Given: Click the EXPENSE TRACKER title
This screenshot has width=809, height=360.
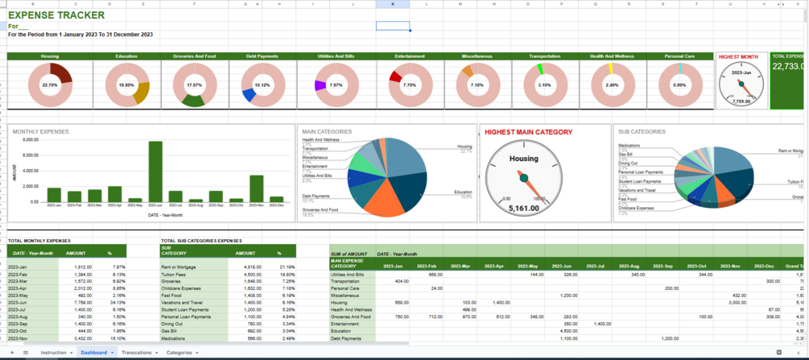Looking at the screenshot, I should pyautogui.click(x=56, y=14).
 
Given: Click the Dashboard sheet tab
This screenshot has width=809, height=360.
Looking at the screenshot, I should pyautogui.click(x=94, y=353).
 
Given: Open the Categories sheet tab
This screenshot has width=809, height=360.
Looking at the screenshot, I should pyautogui.click(x=179, y=353).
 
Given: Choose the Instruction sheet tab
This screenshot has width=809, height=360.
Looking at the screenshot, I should pyautogui.click(x=53, y=353).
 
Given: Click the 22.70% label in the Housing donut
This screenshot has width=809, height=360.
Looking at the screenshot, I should pyautogui.click(x=50, y=85).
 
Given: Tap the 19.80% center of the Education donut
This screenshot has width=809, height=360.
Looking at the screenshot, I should pyautogui.click(x=126, y=85).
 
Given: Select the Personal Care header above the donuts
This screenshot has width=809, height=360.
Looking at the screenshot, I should pyautogui.click(x=679, y=56).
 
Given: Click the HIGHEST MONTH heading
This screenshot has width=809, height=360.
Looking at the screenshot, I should pyautogui.click(x=738, y=57).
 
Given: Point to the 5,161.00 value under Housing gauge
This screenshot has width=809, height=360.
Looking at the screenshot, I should pyautogui.click(x=523, y=209).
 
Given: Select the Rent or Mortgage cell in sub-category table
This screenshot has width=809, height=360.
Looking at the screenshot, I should pyautogui.click(x=178, y=267).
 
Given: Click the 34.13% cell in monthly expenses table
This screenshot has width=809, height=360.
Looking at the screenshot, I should pyautogui.click(x=118, y=302).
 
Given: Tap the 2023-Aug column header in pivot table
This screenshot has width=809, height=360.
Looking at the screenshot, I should pyautogui.click(x=629, y=266).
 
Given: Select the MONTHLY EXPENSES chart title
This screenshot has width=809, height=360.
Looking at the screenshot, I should pyautogui.click(x=40, y=131).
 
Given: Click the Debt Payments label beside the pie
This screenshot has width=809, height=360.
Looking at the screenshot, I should pyautogui.click(x=316, y=196).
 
